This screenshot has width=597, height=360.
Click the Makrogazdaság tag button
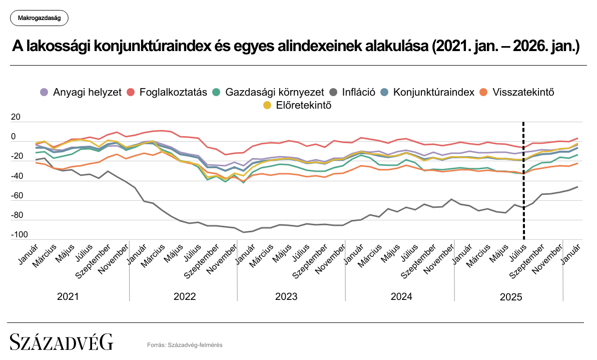point(39,19)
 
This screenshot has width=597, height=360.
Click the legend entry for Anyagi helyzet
point(81,92)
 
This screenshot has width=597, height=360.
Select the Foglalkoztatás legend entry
point(167,92)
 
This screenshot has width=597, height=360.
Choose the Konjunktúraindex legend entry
point(427,92)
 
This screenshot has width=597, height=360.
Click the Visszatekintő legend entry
point(517,92)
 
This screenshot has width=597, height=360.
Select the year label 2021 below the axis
point(68,296)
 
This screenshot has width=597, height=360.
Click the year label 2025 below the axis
point(511,297)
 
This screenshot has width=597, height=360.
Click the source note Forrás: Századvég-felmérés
point(185,344)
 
